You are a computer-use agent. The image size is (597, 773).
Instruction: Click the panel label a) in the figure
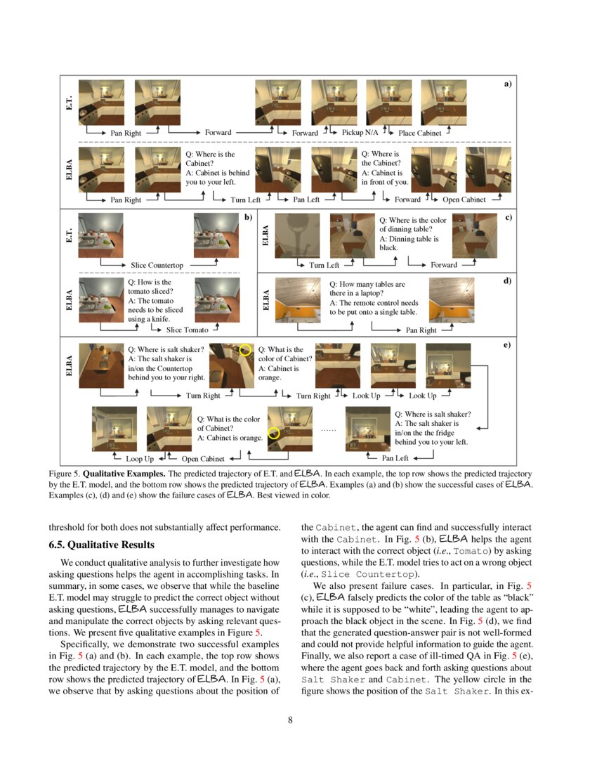507,84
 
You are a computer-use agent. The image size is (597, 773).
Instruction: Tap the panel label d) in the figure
507,280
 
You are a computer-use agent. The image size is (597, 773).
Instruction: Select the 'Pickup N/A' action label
360,132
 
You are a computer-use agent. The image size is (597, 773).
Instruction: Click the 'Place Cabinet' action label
419,132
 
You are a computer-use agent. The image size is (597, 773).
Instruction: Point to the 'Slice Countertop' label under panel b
157,265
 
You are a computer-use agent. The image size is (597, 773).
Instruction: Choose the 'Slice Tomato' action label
187,329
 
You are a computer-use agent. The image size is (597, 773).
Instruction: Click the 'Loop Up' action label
140,459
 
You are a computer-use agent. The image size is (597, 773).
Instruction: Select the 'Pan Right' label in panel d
421,330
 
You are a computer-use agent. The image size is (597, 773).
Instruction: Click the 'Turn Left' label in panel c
324,265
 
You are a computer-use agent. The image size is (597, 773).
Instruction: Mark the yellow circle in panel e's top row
245,349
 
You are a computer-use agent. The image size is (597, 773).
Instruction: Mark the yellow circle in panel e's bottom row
275,433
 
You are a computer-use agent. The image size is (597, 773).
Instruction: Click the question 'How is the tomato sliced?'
150,287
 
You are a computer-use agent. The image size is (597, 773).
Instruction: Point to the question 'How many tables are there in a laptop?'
367,289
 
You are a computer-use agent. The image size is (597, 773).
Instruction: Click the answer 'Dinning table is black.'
409,243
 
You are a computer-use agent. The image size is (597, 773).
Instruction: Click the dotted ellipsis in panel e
328,428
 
